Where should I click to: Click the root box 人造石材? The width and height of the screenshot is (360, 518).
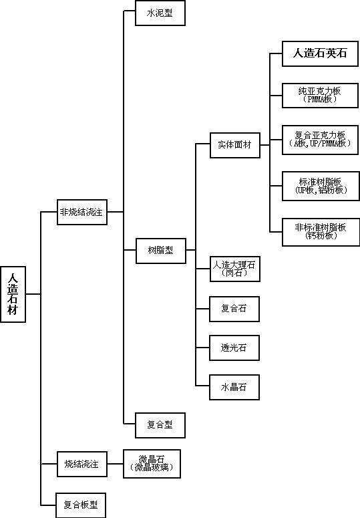click(x=13, y=294)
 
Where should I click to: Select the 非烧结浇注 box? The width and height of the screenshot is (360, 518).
click(x=81, y=212)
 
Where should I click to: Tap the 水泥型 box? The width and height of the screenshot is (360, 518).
click(x=160, y=13)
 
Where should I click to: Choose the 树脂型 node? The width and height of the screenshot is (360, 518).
click(x=160, y=251)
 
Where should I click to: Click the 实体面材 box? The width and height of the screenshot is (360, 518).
click(x=234, y=145)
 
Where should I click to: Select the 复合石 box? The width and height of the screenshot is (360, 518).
click(x=234, y=309)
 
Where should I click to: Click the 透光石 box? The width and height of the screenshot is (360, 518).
click(x=234, y=348)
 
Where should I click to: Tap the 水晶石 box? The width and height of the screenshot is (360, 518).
click(x=234, y=387)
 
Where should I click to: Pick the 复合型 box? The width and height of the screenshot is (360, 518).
click(x=160, y=424)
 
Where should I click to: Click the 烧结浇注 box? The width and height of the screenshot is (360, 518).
click(x=81, y=464)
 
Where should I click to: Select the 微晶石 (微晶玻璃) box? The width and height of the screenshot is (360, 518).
click(x=152, y=463)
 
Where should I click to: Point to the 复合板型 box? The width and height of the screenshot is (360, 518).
click(x=81, y=504)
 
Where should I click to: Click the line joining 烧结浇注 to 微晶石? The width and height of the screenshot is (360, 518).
click(x=115, y=464)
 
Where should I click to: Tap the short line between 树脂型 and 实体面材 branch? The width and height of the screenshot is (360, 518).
click(x=190, y=251)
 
